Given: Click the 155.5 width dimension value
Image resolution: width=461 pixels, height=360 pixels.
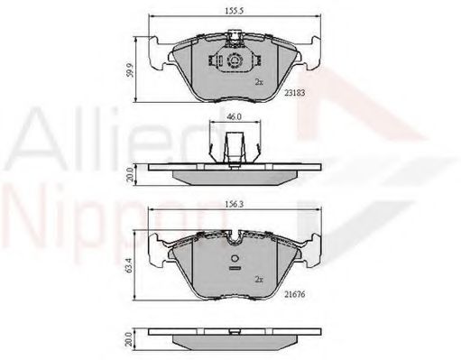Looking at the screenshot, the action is [x=235, y=11].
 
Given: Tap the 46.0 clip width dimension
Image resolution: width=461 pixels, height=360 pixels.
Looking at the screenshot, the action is [x=235, y=116].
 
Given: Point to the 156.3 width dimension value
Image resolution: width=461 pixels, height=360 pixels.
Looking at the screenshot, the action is [x=235, y=204].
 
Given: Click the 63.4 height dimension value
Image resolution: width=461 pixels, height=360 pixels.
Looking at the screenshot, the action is [x=129, y=266].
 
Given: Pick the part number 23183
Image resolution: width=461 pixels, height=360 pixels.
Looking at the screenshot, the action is [x=295, y=93].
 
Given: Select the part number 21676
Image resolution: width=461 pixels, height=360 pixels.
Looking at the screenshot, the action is [x=295, y=294].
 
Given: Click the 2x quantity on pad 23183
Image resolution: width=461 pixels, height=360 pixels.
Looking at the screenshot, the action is [x=259, y=82].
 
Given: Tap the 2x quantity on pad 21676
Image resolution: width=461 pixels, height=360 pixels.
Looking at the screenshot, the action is [x=259, y=280].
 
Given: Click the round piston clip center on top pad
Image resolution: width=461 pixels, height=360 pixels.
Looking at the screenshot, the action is [x=235, y=60].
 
